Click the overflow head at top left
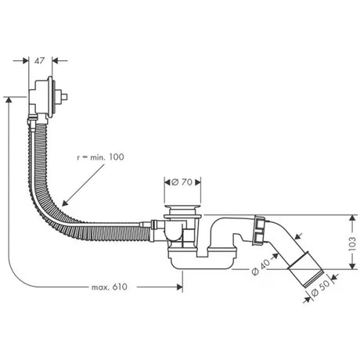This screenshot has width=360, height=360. tap(48, 96)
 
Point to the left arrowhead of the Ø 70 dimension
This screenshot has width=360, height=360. tap(166, 182)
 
